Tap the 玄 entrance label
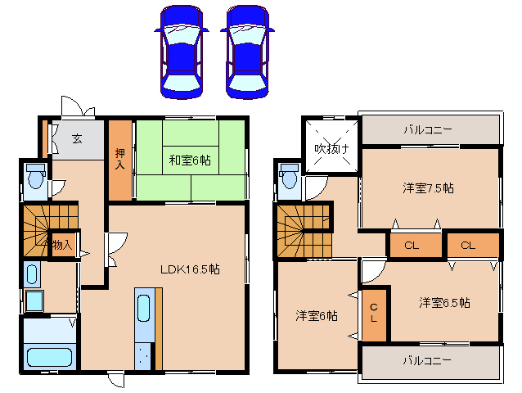(76, 138)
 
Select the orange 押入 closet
(120, 160)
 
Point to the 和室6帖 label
(190, 160)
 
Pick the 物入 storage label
(62, 244)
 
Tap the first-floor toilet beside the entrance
(35, 177)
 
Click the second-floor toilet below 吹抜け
(289, 179)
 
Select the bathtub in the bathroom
(50, 357)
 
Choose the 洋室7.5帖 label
(428, 187)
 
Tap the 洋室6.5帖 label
(444, 302)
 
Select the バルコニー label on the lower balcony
(429, 359)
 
